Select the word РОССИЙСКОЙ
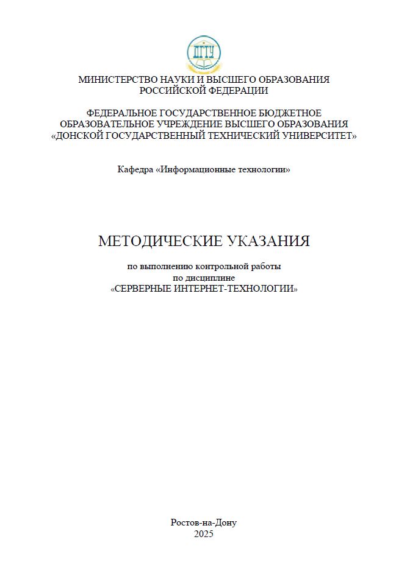click(x=170, y=91)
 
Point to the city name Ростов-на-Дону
click(x=204, y=522)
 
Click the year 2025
click(x=204, y=534)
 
